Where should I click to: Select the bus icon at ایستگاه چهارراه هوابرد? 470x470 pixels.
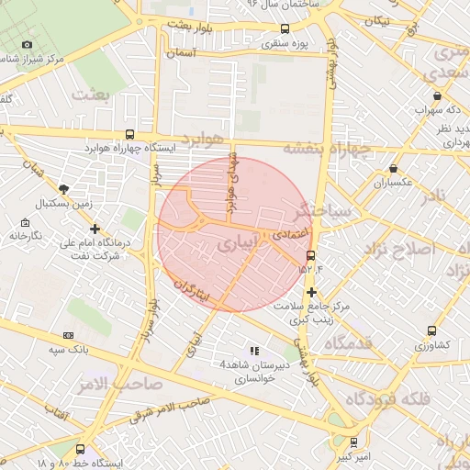tap(128, 133)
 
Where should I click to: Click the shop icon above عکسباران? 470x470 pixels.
tap(394, 169)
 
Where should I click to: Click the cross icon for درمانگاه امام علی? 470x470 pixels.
tap(95, 229)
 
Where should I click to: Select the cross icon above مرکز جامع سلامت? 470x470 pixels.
tap(312, 292)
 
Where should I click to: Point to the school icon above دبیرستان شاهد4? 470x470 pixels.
tap(254, 351)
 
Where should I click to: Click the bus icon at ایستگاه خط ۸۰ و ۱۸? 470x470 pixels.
tap(81, 450)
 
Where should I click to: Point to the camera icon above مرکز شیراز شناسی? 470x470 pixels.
tap(27, 44)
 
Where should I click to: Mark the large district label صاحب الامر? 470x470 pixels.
tap(127, 381)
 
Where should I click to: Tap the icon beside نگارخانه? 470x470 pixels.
tap(25, 222)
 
